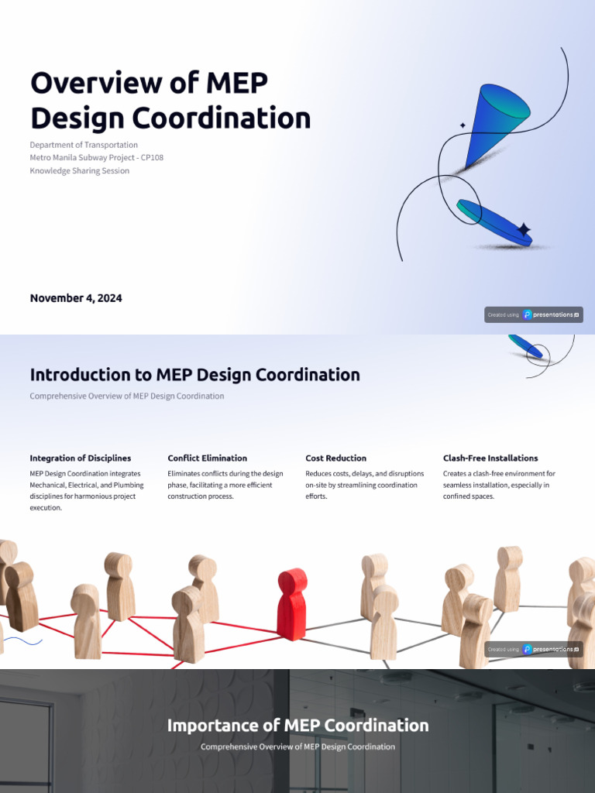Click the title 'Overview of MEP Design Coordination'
(x=170, y=101)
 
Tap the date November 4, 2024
(x=76, y=298)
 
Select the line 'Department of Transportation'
(x=84, y=145)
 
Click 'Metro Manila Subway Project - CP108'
(x=96, y=158)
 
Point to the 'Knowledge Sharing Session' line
(x=79, y=171)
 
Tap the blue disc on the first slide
(x=494, y=222)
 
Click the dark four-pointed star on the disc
(x=524, y=229)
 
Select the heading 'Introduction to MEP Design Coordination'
(x=194, y=375)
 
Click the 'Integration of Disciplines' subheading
(x=81, y=458)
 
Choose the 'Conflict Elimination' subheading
(x=208, y=458)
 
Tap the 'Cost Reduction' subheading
(x=336, y=458)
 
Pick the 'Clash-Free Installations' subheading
(x=490, y=458)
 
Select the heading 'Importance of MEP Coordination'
(x=297, y=726)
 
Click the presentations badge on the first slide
(x=534, y=315)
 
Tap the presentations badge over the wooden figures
(x=534, y=650)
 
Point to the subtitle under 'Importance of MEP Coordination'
(x=297, y=747)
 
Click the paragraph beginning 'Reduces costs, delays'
(x=364, y=485)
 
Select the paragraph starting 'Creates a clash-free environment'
(x=499, y=485)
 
